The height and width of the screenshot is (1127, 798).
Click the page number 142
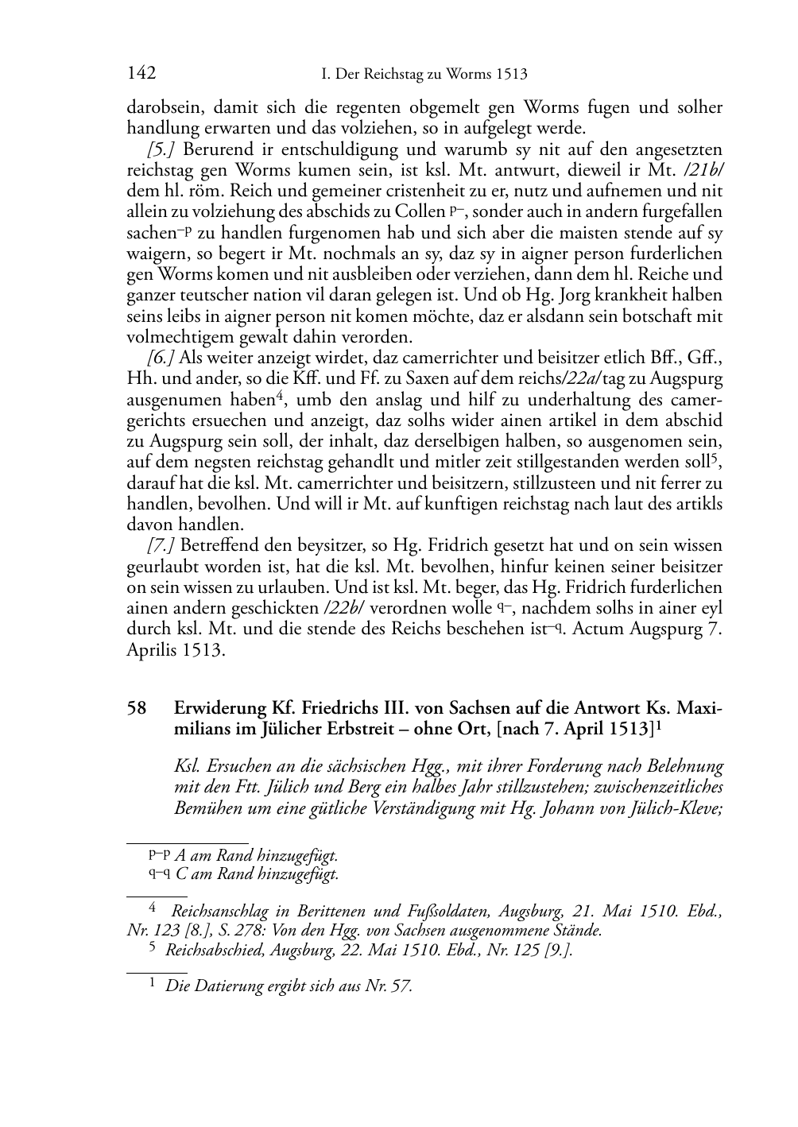(x=141, y=74)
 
